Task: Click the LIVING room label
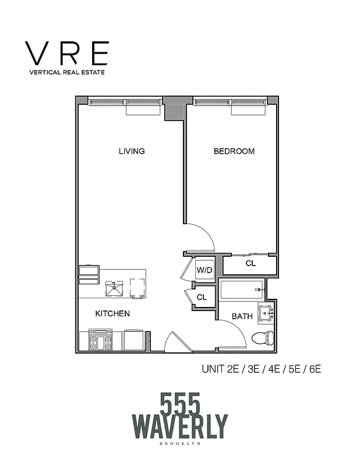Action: (x=132, y=151)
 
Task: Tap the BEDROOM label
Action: (x=234, y=151)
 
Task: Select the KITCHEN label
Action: (x=112, y=313)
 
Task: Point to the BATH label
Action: (x=242, y=316)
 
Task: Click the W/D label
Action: (x=203, y=270)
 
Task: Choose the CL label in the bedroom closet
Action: (x=250, y=263)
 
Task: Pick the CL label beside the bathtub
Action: (x=202, y=297)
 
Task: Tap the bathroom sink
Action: (x=267, y=313)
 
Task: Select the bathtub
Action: (x=241, y=290)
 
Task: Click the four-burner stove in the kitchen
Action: (x=100, y=340)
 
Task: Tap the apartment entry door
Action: (x=177, y=343)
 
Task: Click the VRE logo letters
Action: (x=68, y=54)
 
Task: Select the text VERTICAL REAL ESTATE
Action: (x=68, y=73)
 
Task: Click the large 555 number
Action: (x=180, y=403)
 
